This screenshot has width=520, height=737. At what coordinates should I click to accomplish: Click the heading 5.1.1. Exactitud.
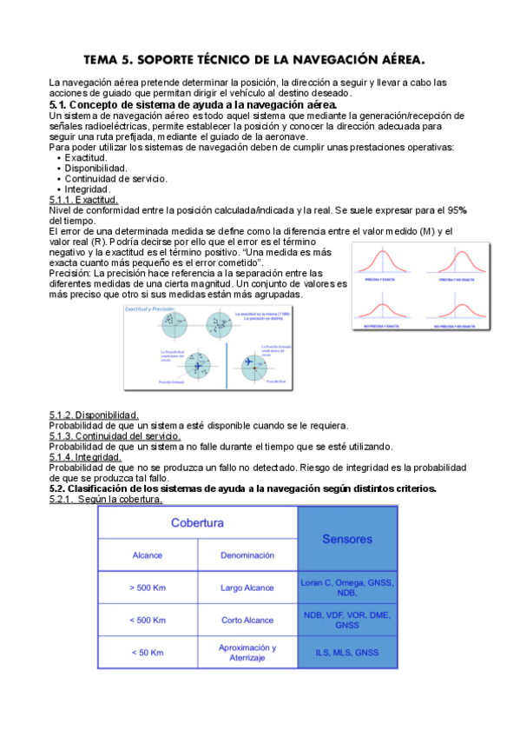pos(83,200)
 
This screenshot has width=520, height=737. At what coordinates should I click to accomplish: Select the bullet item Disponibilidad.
pos(95,169)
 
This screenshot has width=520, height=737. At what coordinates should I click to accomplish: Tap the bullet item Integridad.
pos(88,189)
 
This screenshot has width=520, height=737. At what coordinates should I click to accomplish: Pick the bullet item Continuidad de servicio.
pos(116,179)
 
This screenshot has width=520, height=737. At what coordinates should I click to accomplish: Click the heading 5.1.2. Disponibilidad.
pos(93,415)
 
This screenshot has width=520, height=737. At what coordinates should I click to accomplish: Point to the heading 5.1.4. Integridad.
pos(85,457)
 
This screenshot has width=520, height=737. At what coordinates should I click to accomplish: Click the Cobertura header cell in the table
pos(197,523)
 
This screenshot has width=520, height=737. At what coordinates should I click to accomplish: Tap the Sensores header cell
pos(347,539)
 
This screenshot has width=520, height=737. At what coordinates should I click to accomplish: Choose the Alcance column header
pos(148,554)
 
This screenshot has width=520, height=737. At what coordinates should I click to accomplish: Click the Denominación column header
pos(247,554)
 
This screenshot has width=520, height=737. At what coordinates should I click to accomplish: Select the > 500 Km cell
pos(148,588)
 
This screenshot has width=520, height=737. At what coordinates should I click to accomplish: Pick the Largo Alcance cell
pos(247,588)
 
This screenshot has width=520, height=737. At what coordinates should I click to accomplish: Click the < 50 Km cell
pos(148,653)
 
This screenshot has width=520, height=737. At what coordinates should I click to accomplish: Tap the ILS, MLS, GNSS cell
pos(347,653)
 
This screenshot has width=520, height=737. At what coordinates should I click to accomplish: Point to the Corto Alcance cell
pos(247,620)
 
